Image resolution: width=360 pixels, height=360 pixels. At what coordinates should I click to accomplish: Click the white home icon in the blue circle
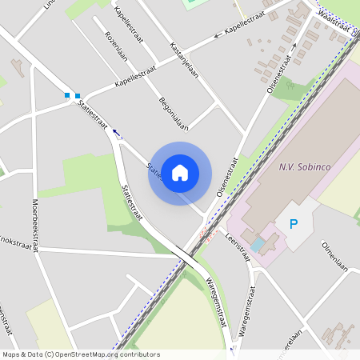180,171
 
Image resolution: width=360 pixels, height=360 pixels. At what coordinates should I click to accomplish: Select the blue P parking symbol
293,224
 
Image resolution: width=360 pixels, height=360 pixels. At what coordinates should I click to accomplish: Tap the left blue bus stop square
68,95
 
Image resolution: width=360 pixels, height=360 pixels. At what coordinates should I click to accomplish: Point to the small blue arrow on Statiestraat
117,133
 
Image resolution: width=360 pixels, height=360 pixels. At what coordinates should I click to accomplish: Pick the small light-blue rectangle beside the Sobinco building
258,244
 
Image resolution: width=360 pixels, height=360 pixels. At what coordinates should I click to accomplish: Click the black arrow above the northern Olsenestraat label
294,46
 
